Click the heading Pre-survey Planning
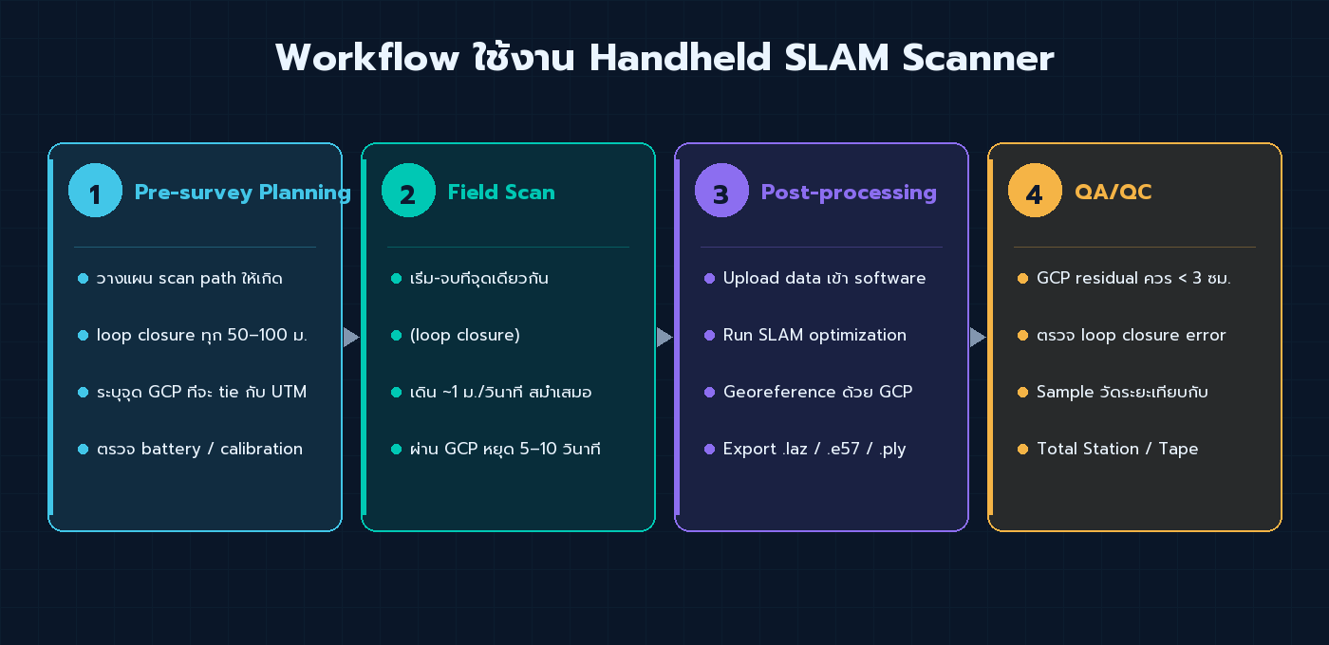[x=242, y=193]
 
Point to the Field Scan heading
[x=501, y=193]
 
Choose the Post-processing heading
[x=849, y=193]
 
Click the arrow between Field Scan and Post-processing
[x=664, y=337]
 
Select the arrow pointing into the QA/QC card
[x=978, y=337]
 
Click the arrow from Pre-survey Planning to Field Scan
[x=351, y=337]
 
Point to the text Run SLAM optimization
[x=814, y=335]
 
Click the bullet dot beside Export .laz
[x=709, y=449]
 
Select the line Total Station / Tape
[x=1117, y=449]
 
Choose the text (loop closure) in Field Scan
[x=465, y=335]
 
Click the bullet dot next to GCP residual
[x=1022, y=278]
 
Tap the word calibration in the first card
[x=261, y=449]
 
